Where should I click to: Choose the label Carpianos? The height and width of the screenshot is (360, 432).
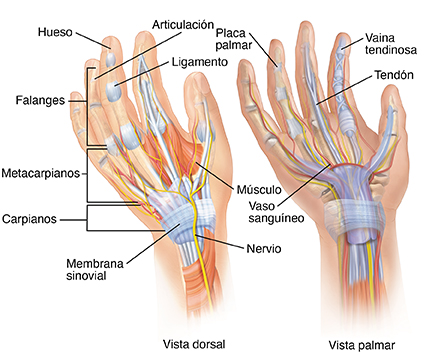[31, 218]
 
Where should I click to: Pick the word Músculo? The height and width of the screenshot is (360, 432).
[258, 189]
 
